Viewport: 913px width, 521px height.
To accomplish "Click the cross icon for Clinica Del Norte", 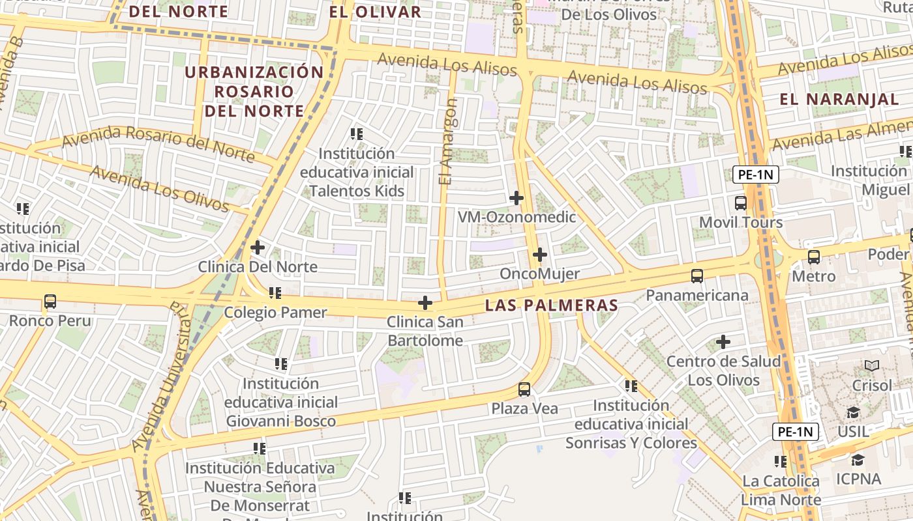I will (x=258, y=247).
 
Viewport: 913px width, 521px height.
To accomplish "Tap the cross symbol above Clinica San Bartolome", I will (x=425, y=303).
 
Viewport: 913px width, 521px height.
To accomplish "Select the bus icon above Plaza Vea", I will (x=524, y=389).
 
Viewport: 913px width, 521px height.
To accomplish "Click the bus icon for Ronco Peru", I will (x=50, y=302).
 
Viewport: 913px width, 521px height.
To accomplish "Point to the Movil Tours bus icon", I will (x=741, y=203).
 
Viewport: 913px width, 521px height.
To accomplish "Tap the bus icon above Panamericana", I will (x=697, y=276).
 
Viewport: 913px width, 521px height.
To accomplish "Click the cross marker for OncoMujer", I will (x=539, y=255).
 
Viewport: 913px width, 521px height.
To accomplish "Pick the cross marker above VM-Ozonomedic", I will (x=516, y=198).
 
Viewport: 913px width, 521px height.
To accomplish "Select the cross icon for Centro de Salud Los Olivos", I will (x=723, y=342).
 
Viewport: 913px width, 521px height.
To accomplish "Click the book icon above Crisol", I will (x=872, y=366).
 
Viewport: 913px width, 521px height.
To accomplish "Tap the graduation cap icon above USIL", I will (x=853, y=412).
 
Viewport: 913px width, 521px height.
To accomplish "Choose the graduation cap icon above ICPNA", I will (x=858, y=460).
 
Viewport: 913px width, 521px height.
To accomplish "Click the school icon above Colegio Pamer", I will (x=275, y=293).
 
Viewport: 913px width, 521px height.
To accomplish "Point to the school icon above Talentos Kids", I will (x=357, y=134).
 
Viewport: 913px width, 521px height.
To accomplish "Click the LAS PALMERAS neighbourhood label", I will (x=552, y=305).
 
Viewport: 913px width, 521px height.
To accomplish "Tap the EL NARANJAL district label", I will (x=839, y=100).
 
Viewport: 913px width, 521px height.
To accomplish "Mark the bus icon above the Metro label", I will (x=814, y=257).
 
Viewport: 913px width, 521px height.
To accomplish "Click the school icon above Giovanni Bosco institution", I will (x=281, y=364).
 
